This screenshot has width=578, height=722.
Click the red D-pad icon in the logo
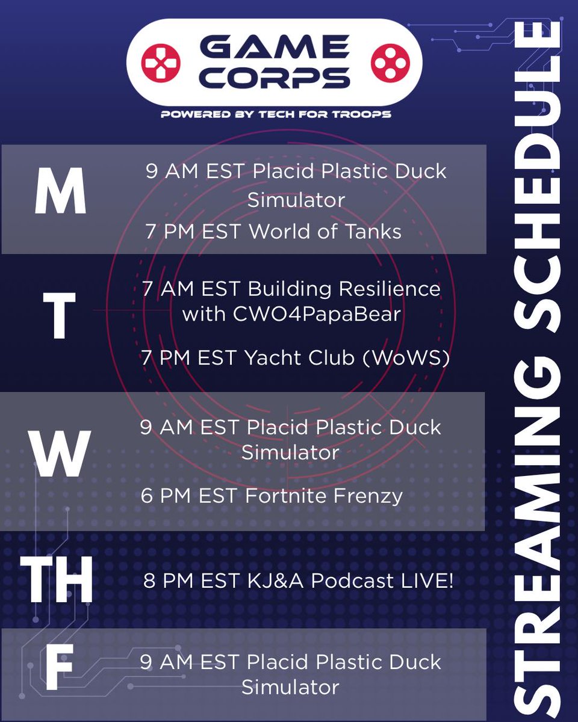[160, 61]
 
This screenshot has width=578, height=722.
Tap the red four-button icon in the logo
[388, 61]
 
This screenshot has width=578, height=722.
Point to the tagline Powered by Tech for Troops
[276, 114]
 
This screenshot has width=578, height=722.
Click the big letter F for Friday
[59, 668]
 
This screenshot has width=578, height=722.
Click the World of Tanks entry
[325, 232]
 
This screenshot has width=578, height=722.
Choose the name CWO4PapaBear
[291, 313]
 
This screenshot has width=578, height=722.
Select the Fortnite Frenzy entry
[324, 496]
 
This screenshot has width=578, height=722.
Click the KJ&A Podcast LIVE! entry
[350, 581]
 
